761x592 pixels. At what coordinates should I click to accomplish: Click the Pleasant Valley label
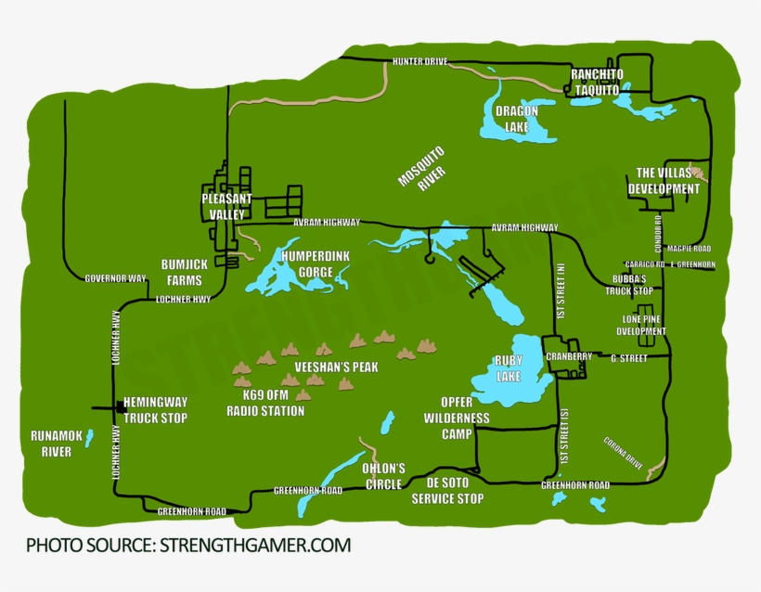(x=226, y=206)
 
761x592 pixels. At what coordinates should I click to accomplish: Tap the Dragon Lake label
(x=516, y=118)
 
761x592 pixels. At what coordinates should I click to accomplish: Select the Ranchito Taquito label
(x=596, y=82)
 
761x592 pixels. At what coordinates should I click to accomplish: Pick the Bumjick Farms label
(x=184, y=272)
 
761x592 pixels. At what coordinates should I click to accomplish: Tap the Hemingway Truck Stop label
(x=155, y=410)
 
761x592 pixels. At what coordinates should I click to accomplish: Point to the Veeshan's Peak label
(x=336, y=367)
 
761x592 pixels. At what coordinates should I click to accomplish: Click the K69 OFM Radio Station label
(x=265, y=404)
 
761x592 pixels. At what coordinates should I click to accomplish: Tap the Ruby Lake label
(x=509, y=367)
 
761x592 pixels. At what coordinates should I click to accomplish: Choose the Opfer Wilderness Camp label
(x=456, y=418)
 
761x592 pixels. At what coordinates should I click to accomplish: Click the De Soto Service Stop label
(x=447, y=491)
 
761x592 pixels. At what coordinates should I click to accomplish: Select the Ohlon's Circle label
(x=383, y=476)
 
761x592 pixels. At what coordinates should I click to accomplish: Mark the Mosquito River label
(x=422, y=167)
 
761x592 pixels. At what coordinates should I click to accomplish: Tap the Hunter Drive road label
(x=419, y=61)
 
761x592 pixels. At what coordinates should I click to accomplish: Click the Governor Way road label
(x=115, y=278)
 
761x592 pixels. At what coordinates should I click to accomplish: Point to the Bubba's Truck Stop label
(x=632, y=285)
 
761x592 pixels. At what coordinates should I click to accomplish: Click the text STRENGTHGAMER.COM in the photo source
(x=255, y=546)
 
